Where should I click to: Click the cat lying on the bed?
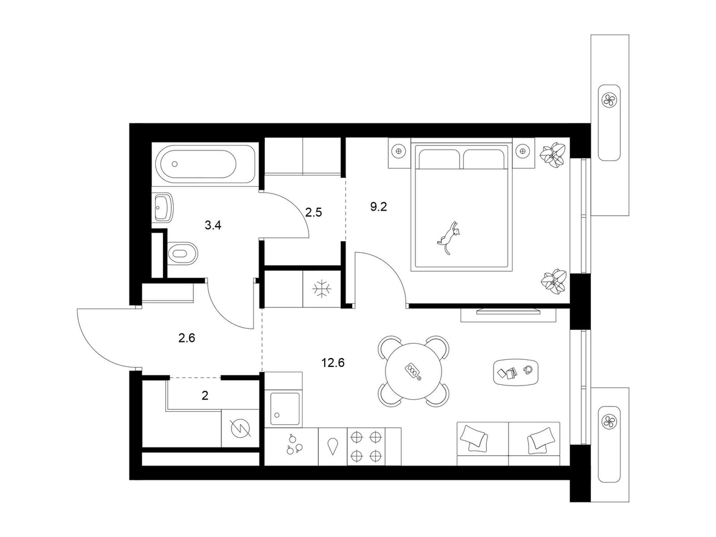[x=449, y=237]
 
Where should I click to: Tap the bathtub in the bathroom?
[x=205, y=164]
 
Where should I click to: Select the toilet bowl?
[x=183, y=254]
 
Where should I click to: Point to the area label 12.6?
[x=333, y=363]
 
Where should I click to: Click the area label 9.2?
[x=378, y=206]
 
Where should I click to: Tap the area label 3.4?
[x=212, y=225]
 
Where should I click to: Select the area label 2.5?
[x=313, y=212]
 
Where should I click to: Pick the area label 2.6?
[x=187, y=338]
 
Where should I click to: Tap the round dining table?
[x=413, y=371]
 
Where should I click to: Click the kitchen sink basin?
[x=284, y=409]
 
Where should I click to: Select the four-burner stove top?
[x=366, y=446]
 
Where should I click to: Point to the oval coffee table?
[x=516, y=372]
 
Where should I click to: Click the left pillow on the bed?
[x=439, y=159]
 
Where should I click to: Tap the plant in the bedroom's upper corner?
[x=552, y=155]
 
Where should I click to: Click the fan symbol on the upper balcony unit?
[x=609, y=100]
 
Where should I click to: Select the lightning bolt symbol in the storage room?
[x=240, y=428]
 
